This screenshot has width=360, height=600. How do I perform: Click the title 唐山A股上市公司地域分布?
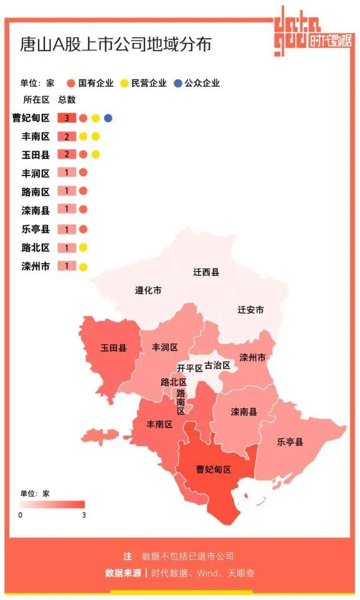(x=116, y=45)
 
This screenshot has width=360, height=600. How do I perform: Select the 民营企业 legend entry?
(x=144, y=83)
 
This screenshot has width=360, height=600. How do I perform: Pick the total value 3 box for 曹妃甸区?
(x=67, y=118)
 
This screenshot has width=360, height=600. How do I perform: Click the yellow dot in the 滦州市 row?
(x=83, y=266)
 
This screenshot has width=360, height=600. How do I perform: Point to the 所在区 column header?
(x=36, y=100)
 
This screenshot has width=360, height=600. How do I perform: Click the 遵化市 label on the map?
(x=148, y=290)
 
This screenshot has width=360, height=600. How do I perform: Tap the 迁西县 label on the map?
(x=206, y=272)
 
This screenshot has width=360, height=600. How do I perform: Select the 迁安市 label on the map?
(x=250, y=309)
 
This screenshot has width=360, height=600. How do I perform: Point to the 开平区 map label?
(x=189, y=368)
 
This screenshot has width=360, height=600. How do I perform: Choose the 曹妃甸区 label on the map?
(x=214, y=469)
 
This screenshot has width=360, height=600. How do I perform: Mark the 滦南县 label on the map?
(x=244, y=412)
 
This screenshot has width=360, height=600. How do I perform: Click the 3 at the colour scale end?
(x=83, y=515)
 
